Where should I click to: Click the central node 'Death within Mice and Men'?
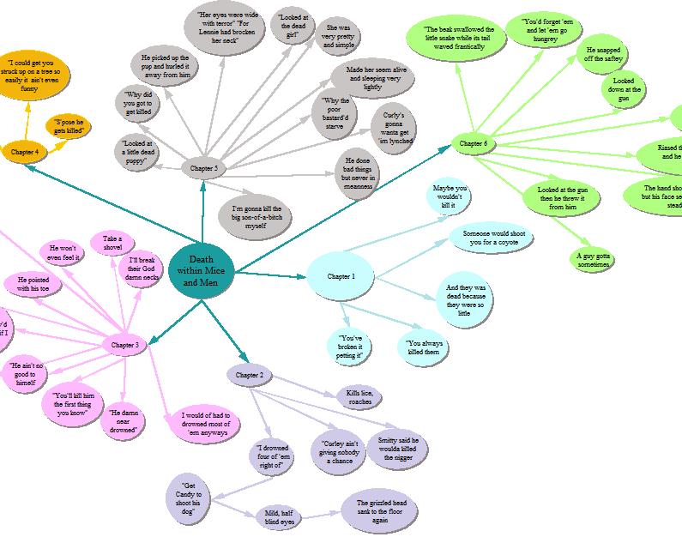[201, 271]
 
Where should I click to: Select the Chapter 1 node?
[340, 276]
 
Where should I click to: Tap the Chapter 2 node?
[250, 375]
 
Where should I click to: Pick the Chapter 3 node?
[125, 345]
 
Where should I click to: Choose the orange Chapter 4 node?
[24, 152]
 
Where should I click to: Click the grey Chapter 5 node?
[203, 169]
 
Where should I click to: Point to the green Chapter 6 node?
[473, 143]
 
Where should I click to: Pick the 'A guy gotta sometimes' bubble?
[593, 259]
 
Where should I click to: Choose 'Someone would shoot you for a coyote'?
[490, 238]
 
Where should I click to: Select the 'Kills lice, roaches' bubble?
[359, 397]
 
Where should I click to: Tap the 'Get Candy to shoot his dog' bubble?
[191, 495]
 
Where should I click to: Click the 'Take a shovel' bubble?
[112, 244]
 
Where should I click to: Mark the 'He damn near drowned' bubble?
[124, 421]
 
